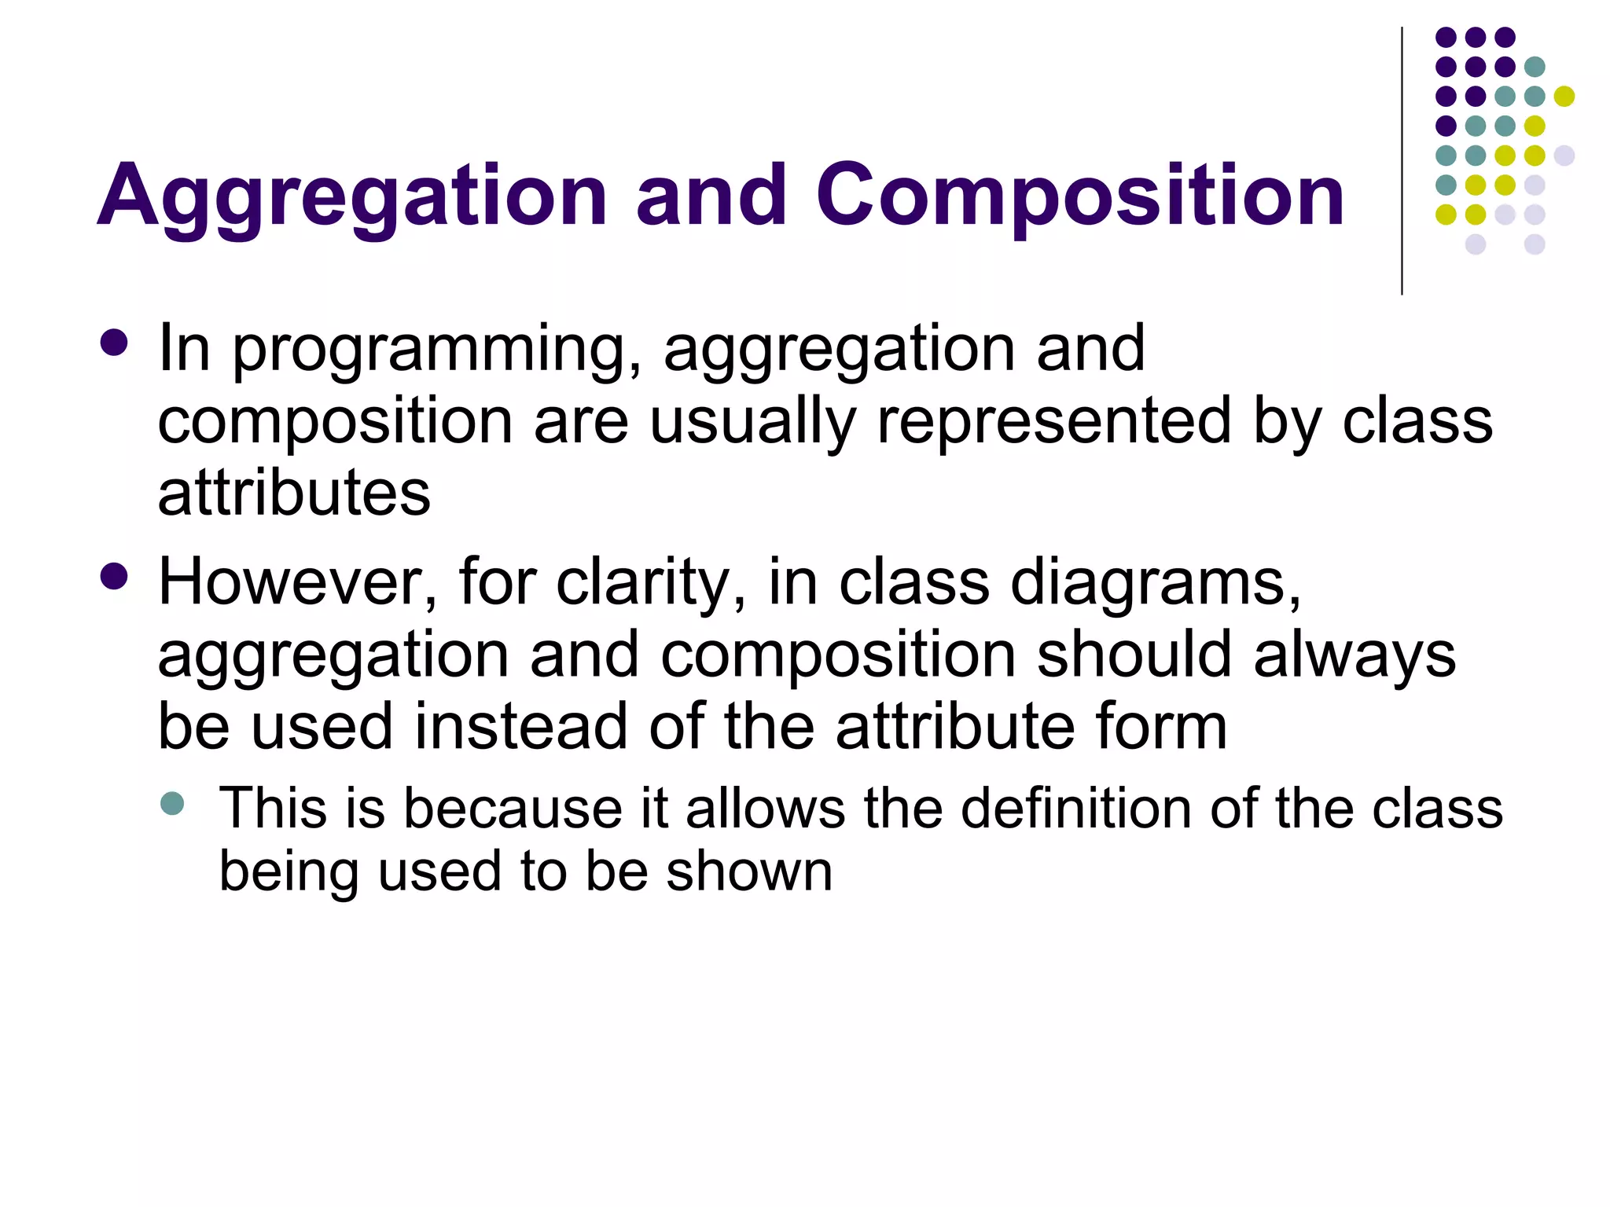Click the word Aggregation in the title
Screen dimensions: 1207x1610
352,196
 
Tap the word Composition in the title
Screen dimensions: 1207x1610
1080,196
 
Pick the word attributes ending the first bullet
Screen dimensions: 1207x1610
294,493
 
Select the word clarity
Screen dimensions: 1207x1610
651,584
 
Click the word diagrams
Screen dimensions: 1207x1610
1156,584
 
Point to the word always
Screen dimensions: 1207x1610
1355,656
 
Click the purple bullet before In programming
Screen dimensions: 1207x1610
115,343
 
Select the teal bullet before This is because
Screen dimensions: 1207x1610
172,803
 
